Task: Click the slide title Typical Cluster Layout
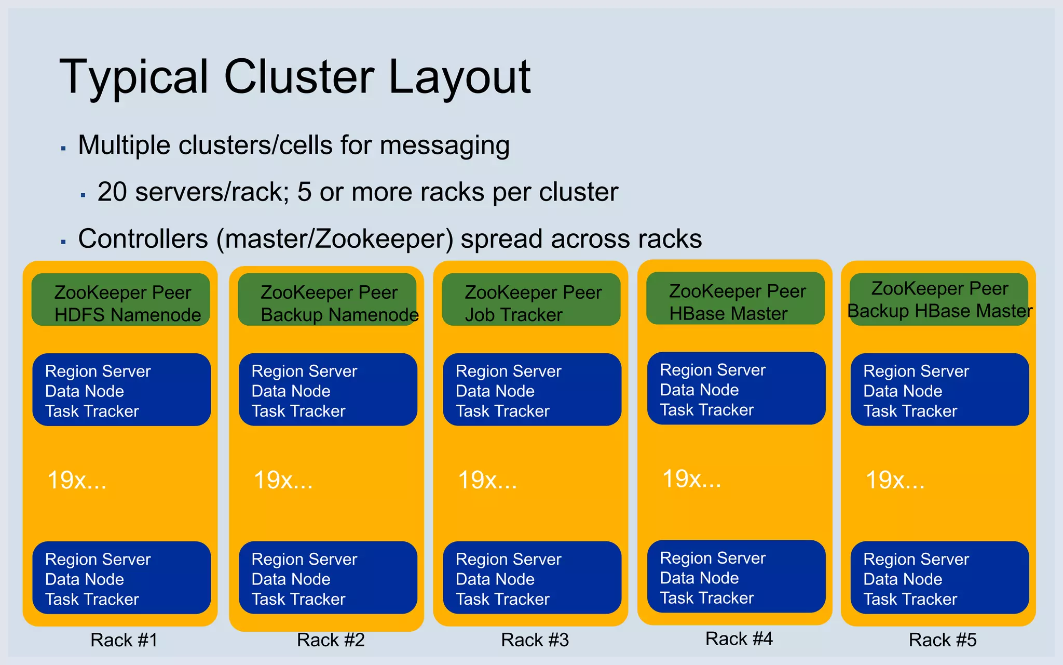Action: tap(295, 77)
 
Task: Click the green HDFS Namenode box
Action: tap(121, 300)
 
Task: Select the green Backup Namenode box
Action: tap(327, 300)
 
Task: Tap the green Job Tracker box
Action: tap(531, 300)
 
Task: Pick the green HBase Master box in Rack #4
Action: tap(735, 299)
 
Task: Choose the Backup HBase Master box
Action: tap(939, 300)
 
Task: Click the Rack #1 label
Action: tap(124, 640)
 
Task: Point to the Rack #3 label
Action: tap(535, 640)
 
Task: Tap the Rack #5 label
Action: tap(943, 640)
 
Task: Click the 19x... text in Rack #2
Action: tap(283, 480)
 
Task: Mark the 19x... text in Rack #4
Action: tap(691, 478)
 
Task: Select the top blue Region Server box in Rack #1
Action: tap(121, 390)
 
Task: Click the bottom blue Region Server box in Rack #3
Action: tap(532, 578)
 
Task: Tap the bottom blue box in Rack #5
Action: tap(939, 578)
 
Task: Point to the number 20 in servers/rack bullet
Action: tap(112, 192)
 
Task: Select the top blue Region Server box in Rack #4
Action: tap(736, 389)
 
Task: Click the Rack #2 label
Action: tap(331, 640)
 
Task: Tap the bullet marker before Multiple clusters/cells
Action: tap(63, 149)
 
